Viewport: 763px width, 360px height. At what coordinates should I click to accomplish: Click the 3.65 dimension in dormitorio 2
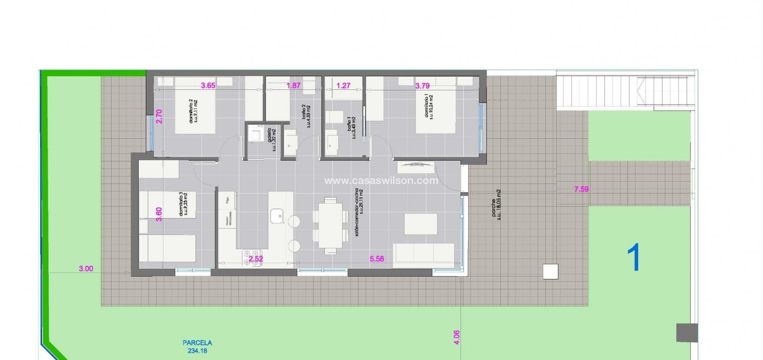[208, 85]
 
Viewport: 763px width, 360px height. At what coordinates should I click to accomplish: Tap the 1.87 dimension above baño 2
[293, 85]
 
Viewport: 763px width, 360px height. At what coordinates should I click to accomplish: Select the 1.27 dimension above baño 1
[343, 85]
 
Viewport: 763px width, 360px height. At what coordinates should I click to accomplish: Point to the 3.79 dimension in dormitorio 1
[422, 85]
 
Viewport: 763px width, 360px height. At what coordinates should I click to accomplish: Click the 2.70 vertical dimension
[159, 116]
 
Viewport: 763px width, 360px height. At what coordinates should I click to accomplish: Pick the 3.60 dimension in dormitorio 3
[159, 214]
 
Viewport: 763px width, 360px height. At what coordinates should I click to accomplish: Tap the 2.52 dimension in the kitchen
[256, 259]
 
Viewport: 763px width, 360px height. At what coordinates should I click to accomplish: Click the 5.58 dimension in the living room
[377, 258]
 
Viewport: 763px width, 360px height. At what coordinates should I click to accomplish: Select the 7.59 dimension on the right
[581, 189]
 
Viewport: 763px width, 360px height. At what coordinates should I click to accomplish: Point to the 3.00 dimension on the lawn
[86, 268]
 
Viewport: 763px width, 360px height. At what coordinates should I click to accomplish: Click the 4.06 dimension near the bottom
[456, 337]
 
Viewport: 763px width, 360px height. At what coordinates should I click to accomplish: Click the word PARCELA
[198, 343]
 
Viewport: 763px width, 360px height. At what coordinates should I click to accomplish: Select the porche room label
[496, 205]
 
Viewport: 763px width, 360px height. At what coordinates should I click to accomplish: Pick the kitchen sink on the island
[277, 216]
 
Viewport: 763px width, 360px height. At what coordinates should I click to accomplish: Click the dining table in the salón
[331, 223]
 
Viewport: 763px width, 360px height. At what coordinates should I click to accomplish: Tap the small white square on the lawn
[550, 271]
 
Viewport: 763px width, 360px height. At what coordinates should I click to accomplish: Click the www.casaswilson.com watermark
[381, 181]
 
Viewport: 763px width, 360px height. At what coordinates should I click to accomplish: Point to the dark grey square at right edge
[687, 333]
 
